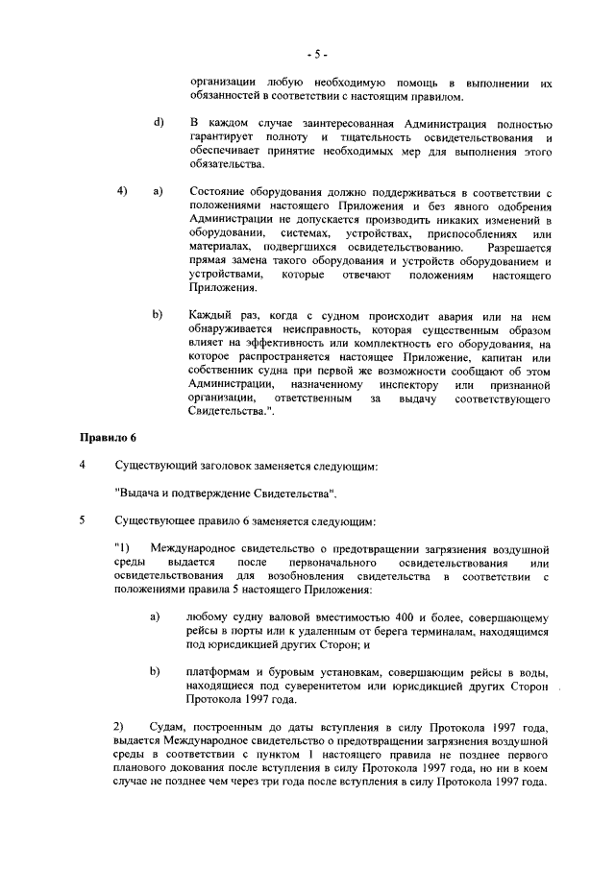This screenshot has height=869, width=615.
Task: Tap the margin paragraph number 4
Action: [83, 466]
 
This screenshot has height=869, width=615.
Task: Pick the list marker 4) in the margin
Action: [122, 192]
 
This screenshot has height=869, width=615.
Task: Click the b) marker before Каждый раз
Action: [158, 315]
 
